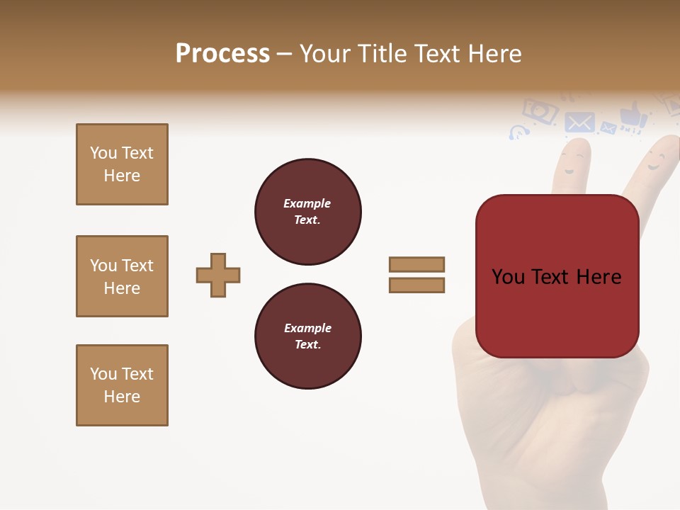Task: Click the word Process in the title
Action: pyautogui.click(x=222, y=54)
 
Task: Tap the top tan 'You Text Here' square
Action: pyautogui.click(x=122, y=164)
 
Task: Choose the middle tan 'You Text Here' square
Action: pyautogui.click(x=122, y=276)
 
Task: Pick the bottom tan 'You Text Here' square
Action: pyautogui.click(x=122, y=385)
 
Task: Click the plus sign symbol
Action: pyautogui.click(x=218, y=275)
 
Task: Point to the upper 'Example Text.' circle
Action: pyautogui.click(x=307, y=212)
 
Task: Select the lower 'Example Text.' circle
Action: pyautogui.click(x=307, y=336)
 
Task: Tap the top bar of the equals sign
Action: pyautogui.click(x=416, y=264)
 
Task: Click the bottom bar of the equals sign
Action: pyautogui.click(x=416, y=285)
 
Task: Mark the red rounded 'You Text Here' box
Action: pyautogui.click(x=557, y=276)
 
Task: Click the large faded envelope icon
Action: pyautogui.click(x=579, y=123)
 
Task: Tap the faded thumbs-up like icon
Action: pyautogui.click(x=633, y=116)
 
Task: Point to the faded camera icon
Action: pyautogui.click(x=539, y=111)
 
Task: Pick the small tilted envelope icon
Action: pyautogui.click(x=608, y=128)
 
